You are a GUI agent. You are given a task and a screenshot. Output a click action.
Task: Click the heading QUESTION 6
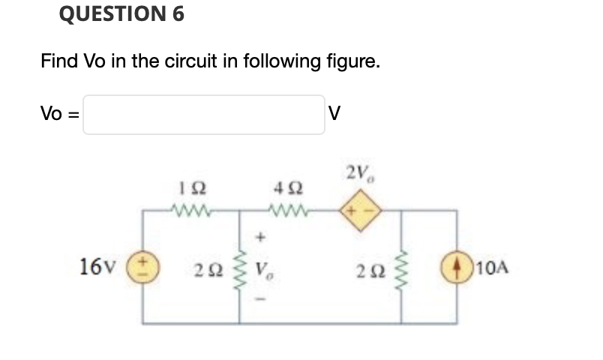(x=120, y=14)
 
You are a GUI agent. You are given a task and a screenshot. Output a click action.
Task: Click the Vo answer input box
(x=203, y=115)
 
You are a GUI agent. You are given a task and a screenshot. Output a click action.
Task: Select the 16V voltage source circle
(x=145, y=268)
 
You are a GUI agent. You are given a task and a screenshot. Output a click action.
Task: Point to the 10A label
(x=487, y=268)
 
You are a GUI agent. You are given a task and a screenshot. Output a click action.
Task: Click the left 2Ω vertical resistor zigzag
(x=241, y=268)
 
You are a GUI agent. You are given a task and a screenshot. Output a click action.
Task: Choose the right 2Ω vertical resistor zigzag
(x=405, y=268)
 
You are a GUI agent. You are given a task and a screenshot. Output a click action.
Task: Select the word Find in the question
(x=59, y=61)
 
